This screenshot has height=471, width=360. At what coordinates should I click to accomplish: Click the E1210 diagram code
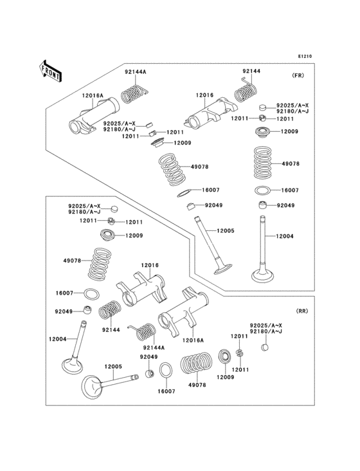coord(304,57)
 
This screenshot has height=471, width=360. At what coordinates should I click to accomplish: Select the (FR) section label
coord(298,75)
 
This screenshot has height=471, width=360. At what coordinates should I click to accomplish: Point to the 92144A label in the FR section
coord(135,71)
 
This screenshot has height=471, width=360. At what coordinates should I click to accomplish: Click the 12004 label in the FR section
coord(285,237)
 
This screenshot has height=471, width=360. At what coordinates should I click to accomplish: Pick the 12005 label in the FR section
coord(225,230)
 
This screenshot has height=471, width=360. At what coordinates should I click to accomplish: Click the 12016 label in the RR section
coord(150,265)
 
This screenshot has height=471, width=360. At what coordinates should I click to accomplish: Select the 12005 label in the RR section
coord(113,366)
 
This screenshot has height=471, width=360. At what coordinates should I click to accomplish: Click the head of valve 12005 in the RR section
coord(96,388)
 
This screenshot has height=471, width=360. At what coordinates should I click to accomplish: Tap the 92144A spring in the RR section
coord(144,331)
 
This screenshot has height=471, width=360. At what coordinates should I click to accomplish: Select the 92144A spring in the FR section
coord(134,91)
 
